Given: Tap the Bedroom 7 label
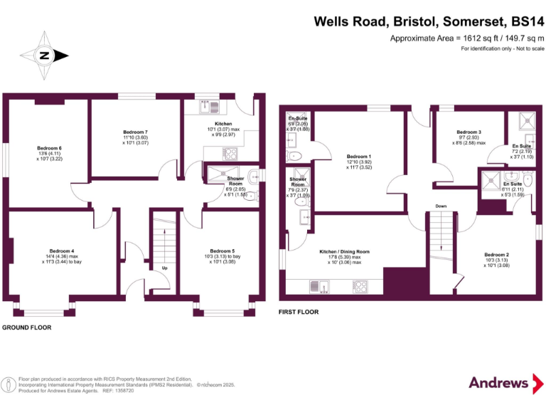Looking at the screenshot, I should [x=135, y=132].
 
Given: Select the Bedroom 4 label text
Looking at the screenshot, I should [x=62, y=251].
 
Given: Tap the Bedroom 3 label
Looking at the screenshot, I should [x=469, y=132].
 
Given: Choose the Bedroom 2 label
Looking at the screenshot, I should [x=496, y=255].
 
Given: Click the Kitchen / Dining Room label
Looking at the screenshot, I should [x=344, y=251].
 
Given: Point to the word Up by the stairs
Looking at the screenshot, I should [x=165, y=268].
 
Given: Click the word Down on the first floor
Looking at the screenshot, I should [x=441, y=207].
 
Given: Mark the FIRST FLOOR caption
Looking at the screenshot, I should [x=299, y=312].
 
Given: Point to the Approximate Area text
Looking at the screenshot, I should [x=467, y=38].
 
